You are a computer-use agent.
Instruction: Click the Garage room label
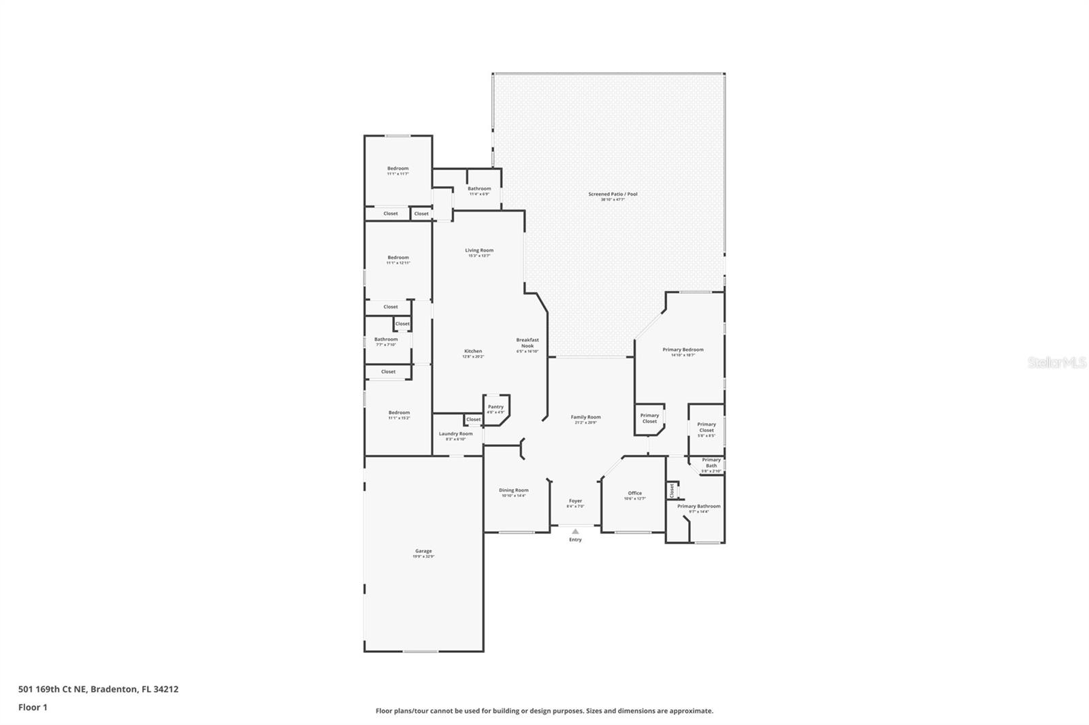[423, 552]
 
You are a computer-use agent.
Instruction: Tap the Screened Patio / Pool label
[613, 195]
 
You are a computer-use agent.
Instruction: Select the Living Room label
[479, 250]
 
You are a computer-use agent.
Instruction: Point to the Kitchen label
[473, 352]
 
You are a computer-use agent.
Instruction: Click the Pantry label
[495, 407]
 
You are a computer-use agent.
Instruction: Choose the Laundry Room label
[455, 434]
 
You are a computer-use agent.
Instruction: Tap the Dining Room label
[513, 490]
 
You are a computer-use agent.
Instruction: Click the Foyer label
[575, 501]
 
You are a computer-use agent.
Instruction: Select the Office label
[634, 494]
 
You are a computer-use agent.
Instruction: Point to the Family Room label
[585, 418]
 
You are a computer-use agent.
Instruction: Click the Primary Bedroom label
[683, 350]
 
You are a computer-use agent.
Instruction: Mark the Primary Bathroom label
[698, 506]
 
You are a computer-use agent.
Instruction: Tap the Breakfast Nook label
[527, 343]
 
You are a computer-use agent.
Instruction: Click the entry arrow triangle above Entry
[575, 531]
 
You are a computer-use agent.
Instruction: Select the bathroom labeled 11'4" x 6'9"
[479, 189]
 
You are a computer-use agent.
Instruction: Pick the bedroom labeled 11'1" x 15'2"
[399, 413]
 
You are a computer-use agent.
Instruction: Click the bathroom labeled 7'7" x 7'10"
[386, 339]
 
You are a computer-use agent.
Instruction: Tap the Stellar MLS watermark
[1056, 363]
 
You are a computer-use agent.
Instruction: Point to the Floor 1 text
[33, 707]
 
